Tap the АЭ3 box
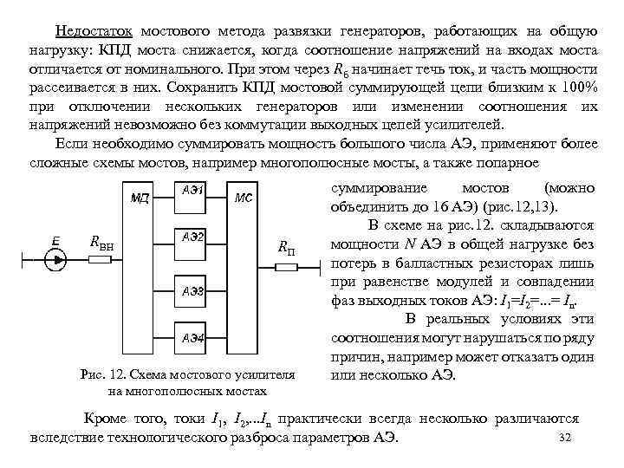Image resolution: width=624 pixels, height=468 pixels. click(192, 291)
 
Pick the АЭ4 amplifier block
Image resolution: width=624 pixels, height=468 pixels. click(192, 339)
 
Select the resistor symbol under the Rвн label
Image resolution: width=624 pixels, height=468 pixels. click(104, 257)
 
